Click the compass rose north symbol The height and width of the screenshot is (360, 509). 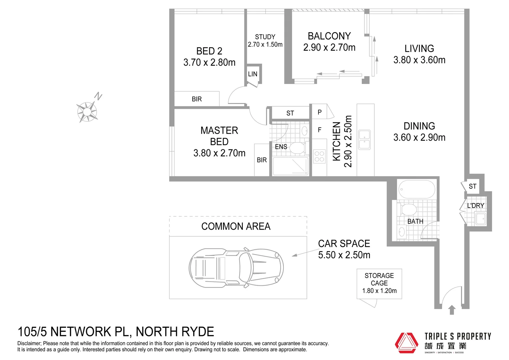tap(87, 111)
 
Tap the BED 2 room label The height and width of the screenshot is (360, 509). tap(209, 51)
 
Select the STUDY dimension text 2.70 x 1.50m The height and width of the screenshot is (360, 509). tap(265, 45)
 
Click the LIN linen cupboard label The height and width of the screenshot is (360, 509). tap(253, 74)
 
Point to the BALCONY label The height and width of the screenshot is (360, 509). tap(329, 36)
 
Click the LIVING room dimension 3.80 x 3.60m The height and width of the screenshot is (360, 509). tap(419, 60)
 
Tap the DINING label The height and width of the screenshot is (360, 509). tap(419, 126)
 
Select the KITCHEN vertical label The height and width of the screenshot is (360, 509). tap(337, 141)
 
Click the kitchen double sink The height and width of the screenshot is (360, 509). tap(364, 140)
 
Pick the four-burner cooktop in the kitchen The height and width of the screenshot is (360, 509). tap(319, 156)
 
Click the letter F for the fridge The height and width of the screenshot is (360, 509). tap(319, 130)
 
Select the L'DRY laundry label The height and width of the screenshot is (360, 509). tap(475, 206)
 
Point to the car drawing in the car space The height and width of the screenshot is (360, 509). tap(236, 267)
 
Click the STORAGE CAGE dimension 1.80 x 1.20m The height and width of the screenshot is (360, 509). tap(379, 291)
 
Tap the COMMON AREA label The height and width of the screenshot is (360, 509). tap(236, 227)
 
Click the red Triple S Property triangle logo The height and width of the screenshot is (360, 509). tap(406, 343)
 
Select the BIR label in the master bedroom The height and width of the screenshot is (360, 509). tap(262, 160)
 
